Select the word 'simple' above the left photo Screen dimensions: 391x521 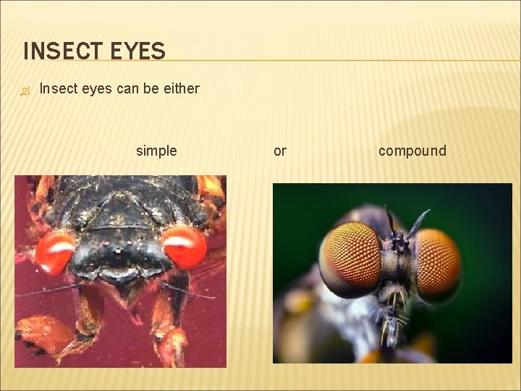click(x=156, y=151)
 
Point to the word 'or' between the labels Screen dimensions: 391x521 click(x=280, y=151)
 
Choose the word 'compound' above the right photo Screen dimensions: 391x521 click(x=412, y=151)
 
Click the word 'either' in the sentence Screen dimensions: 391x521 click(x=181, y=88)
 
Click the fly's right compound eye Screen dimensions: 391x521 click(x=439, y=260)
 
